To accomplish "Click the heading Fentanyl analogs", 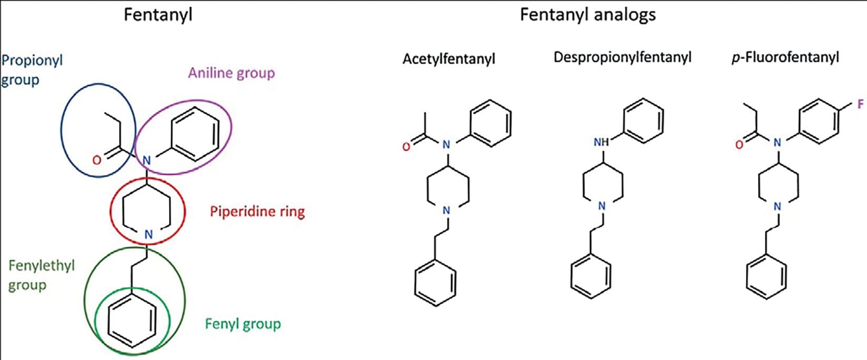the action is [587, 14].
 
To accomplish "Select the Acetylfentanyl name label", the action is [449, 58].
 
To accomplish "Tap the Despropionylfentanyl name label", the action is [622, 57].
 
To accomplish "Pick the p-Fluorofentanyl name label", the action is [785, 57].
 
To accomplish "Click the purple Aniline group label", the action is [231, 73].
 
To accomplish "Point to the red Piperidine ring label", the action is [257, 212].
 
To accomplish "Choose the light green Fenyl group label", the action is [243, 323].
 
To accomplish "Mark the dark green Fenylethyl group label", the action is [41, 275].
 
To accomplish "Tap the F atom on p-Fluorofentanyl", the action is [861, 105].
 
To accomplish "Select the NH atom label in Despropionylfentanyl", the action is [601, 142].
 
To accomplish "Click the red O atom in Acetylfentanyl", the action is [406, 147].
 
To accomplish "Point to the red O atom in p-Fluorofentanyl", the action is [739, 145].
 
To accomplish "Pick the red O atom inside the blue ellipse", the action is [96, 159].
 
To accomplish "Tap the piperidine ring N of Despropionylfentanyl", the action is [602, 206].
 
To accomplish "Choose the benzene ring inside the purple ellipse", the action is [195, 134].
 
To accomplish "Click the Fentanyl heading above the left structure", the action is [158, 14].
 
